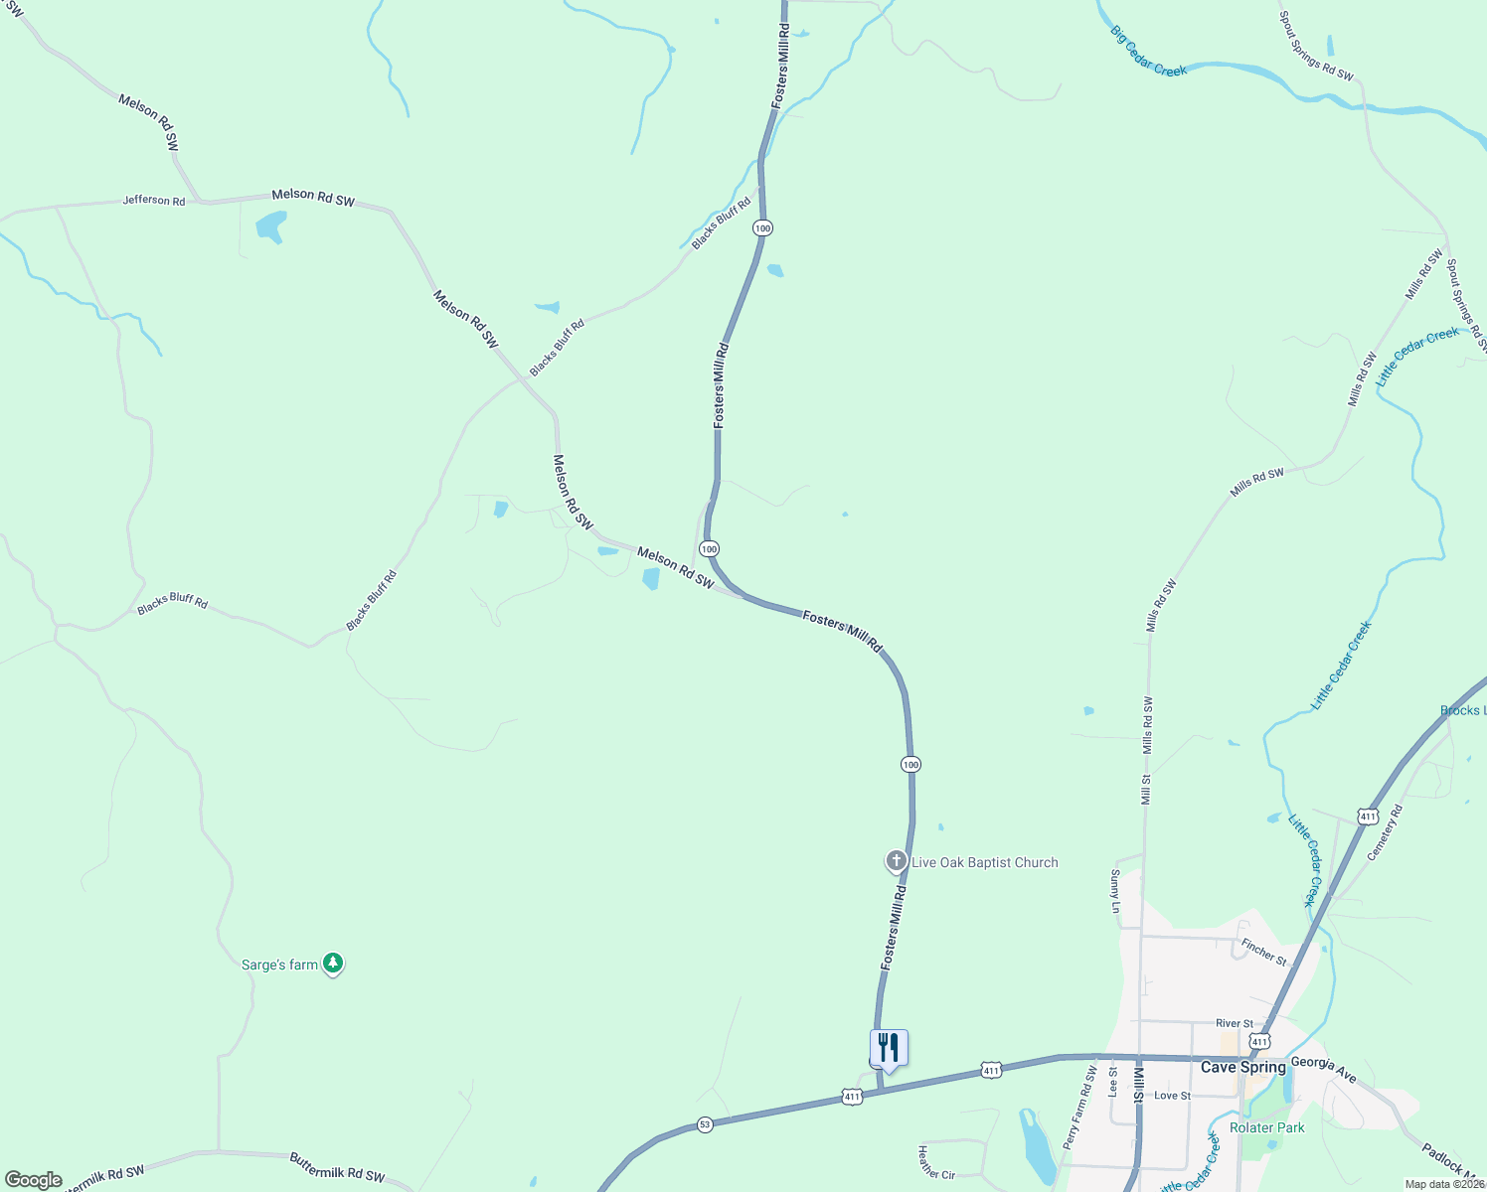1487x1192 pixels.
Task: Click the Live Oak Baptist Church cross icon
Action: [896, 861]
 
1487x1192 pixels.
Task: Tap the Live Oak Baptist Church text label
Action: [984, 862]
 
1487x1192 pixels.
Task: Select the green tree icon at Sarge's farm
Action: [334, 964]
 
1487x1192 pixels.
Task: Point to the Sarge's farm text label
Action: [279, 965]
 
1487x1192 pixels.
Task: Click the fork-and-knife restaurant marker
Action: [889, 1049]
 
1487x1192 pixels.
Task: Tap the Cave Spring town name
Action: [1242, 1067]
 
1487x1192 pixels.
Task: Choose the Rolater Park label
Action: [1267, 1127]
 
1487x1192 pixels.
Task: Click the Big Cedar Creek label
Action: [1149, 52]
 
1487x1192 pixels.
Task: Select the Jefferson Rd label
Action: [154, 200]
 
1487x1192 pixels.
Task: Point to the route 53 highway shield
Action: [705, 1124]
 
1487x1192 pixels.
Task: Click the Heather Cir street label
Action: [935, 1161]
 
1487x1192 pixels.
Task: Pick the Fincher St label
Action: [1263, 952]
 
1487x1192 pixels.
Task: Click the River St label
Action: [1235, 1023]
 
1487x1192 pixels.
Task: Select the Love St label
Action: [1172, 1096]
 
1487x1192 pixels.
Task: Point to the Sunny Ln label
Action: [1115, 891]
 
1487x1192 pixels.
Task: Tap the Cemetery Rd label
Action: [1385, 832]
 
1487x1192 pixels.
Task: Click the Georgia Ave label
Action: [1324, 1069]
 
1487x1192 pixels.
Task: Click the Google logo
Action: [34, 1180]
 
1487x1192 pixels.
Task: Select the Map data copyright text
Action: [1444, 1184]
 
